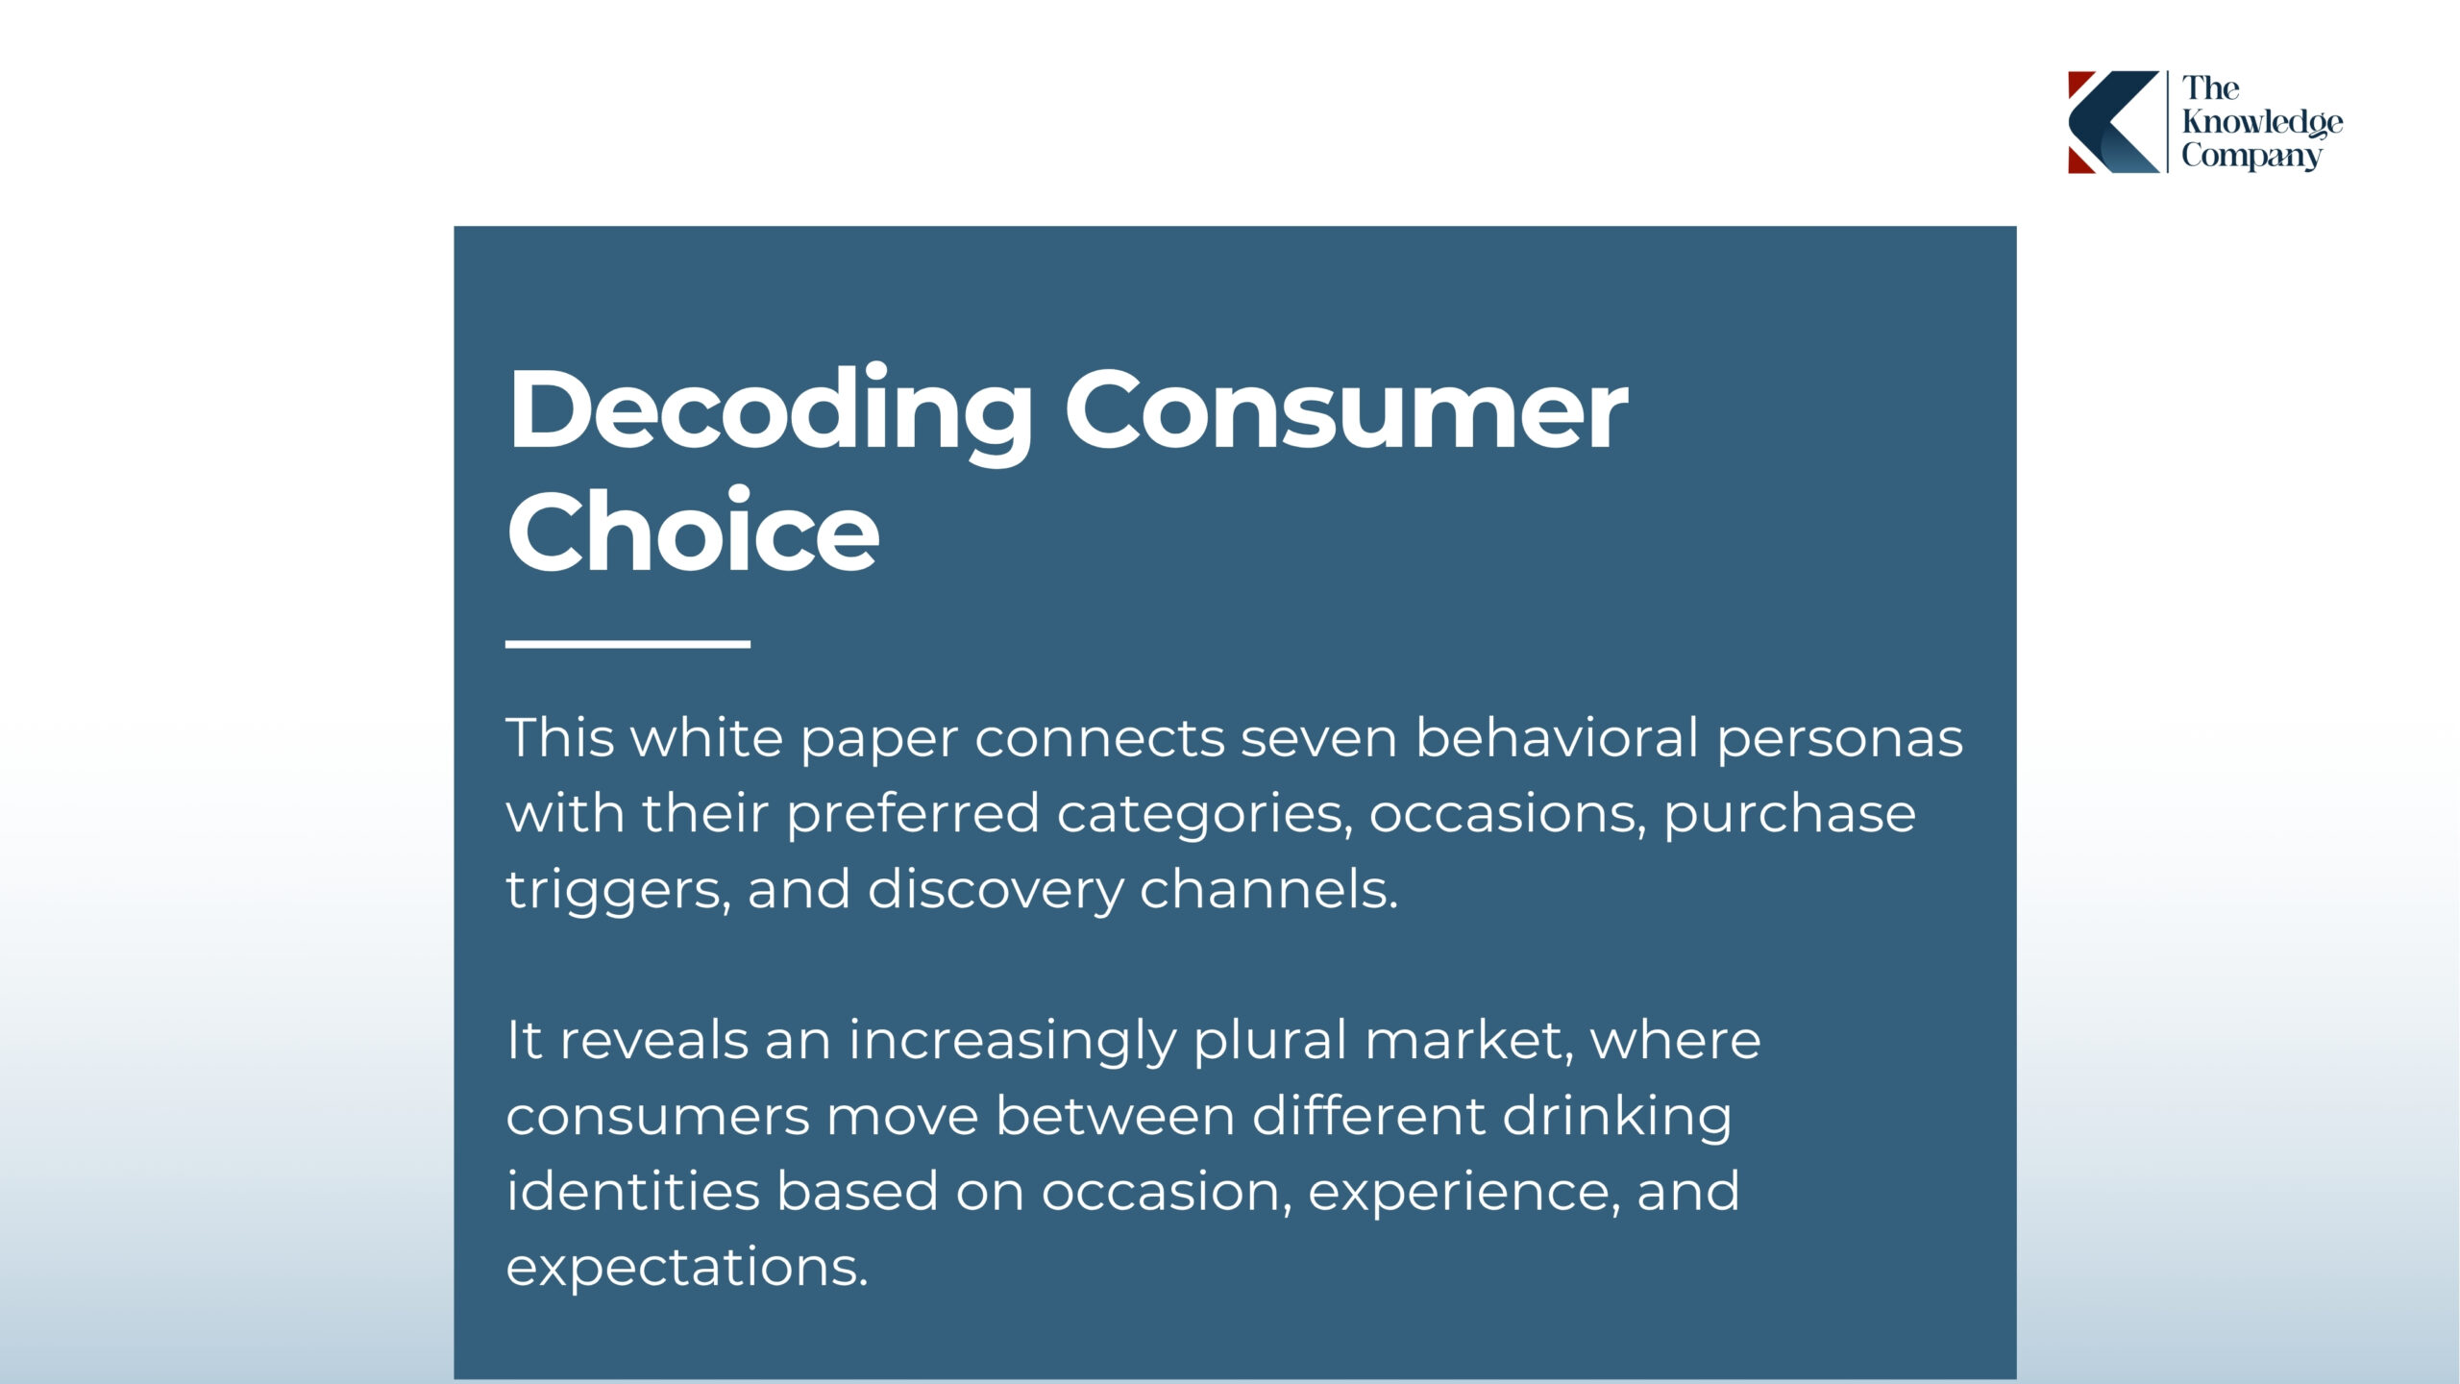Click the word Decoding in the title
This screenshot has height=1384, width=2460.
click(770, 412)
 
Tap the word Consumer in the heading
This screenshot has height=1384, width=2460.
click(1346, 410)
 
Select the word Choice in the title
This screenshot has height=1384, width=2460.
click(693, 531)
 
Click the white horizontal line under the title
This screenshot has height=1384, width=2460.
click(627, 644)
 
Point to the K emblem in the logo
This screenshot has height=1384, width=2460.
click(2113, 122)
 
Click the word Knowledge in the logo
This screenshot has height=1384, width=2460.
click(2262, 123)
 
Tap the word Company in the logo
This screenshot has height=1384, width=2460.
click(2251, 157)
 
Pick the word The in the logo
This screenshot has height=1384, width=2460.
click(2210, 88)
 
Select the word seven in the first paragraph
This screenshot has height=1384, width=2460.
click(1318, 739)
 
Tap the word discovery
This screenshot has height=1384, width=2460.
click(995, 891)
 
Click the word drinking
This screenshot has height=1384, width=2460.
click(1616, 1118)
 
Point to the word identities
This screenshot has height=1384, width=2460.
click(633, 1191)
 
